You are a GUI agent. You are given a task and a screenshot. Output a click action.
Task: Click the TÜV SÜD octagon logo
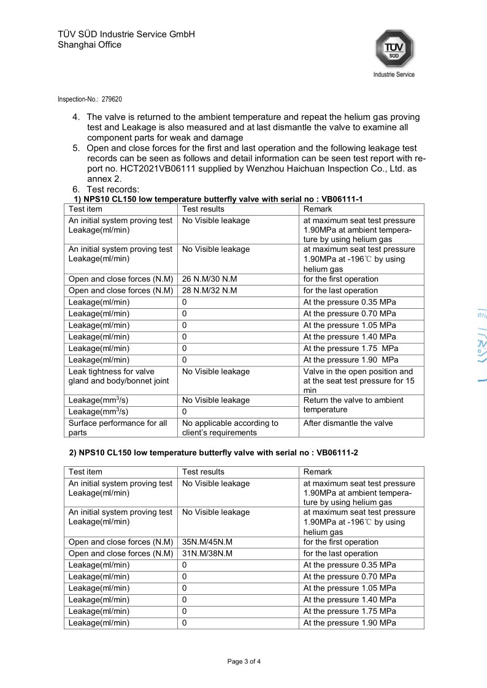coord(394,48)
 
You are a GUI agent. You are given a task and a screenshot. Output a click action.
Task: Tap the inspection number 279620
coord(117,99)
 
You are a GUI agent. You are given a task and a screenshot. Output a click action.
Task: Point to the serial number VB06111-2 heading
coord(337,452)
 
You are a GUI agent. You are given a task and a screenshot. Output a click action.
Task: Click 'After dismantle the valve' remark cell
coord(348,423)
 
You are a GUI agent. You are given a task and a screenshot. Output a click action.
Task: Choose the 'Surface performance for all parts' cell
coord(118,428)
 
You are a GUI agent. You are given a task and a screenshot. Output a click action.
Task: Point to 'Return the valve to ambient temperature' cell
coord(353,405)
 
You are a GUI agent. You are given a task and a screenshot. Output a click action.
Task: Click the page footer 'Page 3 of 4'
coord(244,662)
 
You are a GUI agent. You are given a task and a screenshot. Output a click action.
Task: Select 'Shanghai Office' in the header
coord(90,45)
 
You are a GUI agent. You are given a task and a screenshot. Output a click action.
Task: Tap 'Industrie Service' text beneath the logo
coord(394,75)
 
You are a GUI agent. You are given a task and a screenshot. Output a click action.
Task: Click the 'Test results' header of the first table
coord(204,210)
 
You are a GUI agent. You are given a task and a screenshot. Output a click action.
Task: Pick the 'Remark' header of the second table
coord(318,472)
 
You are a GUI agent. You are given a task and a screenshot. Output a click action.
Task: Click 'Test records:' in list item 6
coord(113,189)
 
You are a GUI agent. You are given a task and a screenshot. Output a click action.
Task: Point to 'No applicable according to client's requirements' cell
coord(231,428)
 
